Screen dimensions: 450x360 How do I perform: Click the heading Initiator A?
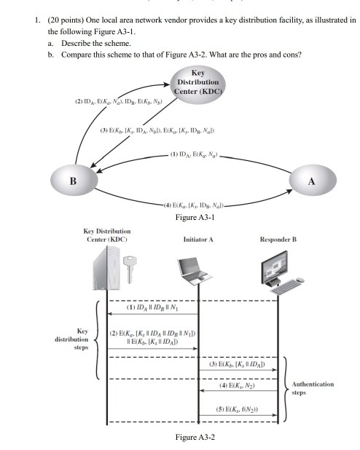click(x=199, y=238)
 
